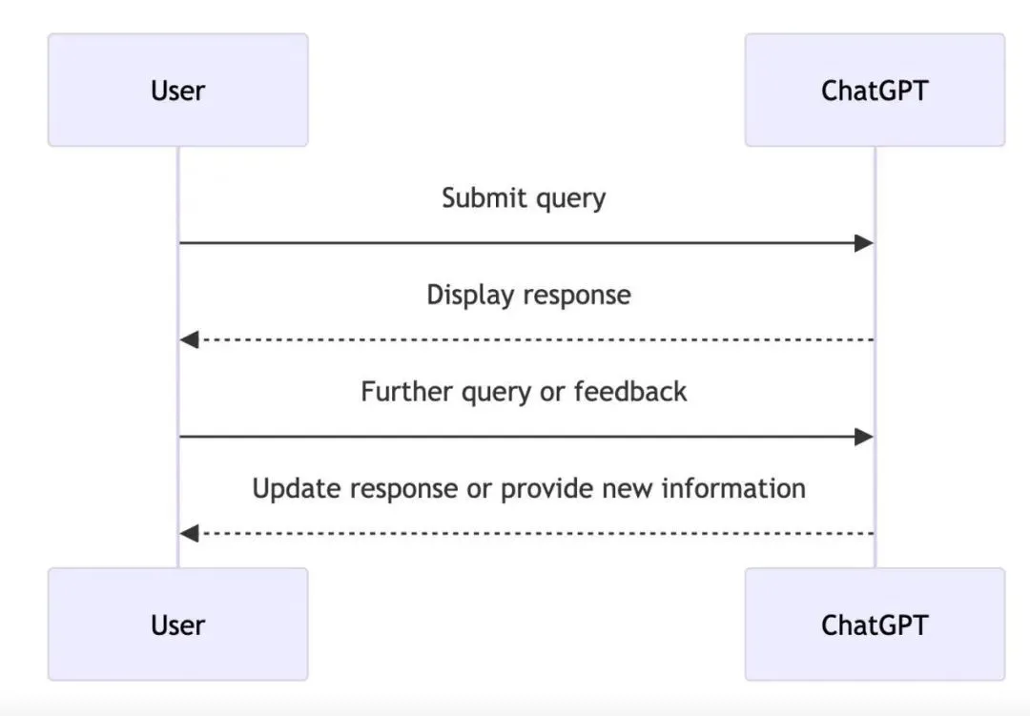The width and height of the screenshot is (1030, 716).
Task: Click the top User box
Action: click(x=178, y=90)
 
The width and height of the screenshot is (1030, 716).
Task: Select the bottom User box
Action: click(x=178, y=624)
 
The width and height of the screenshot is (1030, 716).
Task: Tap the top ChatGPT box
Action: click(x=875, y=90)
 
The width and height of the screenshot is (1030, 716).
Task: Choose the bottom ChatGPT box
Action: click(x=875, y=624)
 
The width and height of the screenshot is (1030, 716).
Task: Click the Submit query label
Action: click(x=524, y=198)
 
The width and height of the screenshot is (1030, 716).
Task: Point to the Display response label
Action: click(x=528, y=295)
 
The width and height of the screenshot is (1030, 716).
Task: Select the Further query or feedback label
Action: click(x=524, y=392)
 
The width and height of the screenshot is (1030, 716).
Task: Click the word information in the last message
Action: click(x=733, y=488)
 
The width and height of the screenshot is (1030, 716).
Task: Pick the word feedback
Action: click(x=630, y=392)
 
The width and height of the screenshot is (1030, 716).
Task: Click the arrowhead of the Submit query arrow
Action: click(x=864, y=243)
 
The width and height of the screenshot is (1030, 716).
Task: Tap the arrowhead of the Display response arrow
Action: click(x=189, y=339)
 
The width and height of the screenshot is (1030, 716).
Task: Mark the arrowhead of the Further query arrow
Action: click(x=864, y=437)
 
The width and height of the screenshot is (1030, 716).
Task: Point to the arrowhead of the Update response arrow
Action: click(x=189, y=533)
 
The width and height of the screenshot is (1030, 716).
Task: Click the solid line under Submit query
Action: click(x=526, y=243)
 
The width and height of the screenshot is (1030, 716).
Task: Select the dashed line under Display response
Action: click(x=526, y=339)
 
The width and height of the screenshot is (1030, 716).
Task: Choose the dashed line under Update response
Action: click(x=526, y=533)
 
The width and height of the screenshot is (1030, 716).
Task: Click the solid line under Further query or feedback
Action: click(x=526, y=437)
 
